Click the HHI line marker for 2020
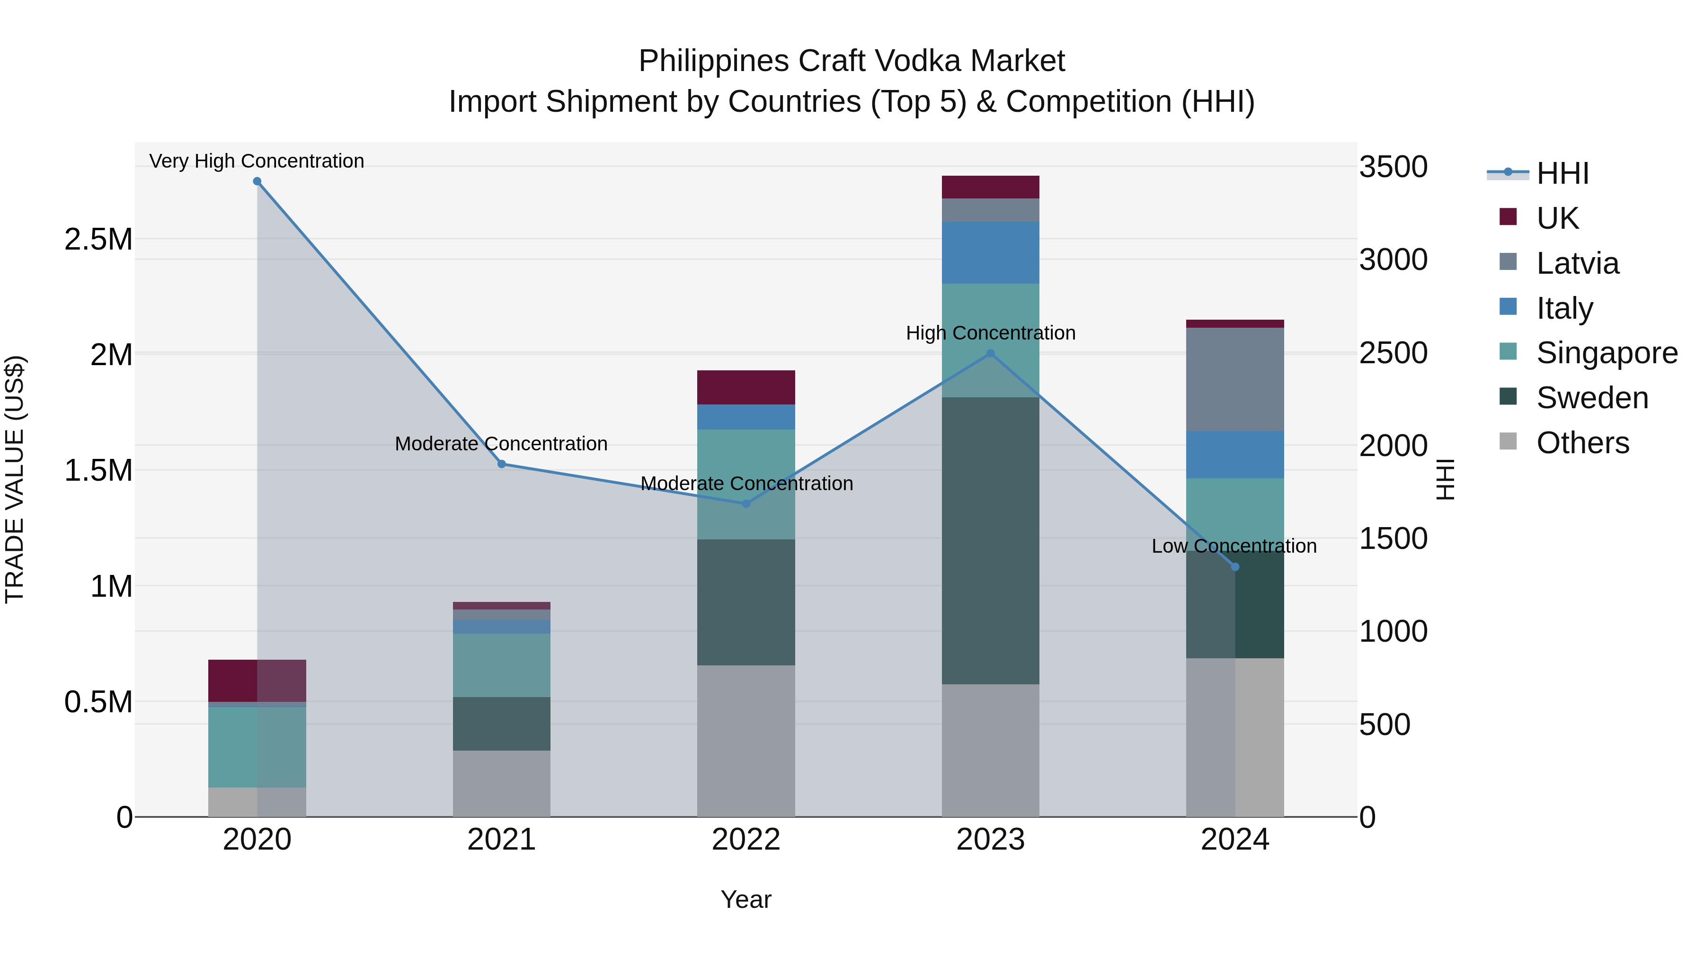(x=257, y=181)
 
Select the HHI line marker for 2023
(x=990, y=353)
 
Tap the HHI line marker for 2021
(x=501, y=464)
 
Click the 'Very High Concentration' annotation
(x=257, y=161)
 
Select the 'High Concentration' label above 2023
(x=990, y=333)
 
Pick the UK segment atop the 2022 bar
(x=746, y=387)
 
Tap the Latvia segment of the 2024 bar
(x=1234, y=379)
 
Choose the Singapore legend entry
(x=1607, y=353)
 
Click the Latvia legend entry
(x=1578, y=263)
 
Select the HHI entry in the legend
(x=1562, y=173)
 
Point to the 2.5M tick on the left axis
(x=98, y=239)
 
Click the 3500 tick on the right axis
(x=1393, y=167)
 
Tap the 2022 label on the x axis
(x=746, y=840)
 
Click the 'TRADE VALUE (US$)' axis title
(x=15, y=479)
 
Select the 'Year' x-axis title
(x=746, y=899)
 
